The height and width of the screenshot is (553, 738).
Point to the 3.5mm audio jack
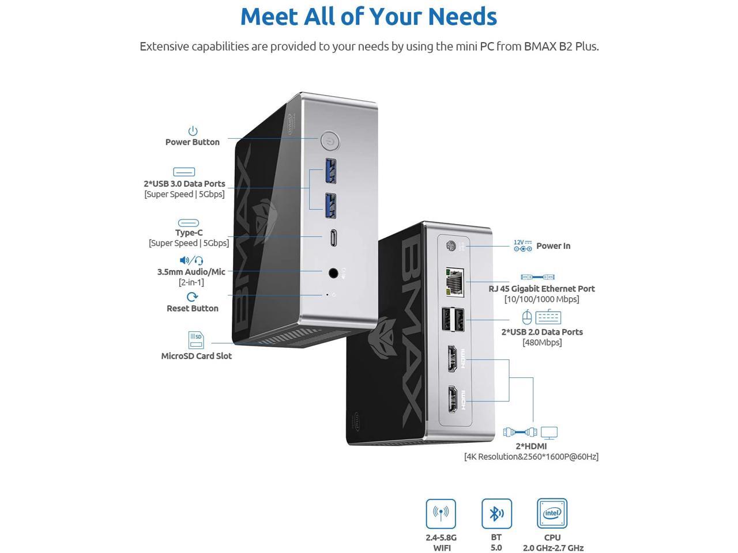(333, 272)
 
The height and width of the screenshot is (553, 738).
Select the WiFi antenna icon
(440, 513)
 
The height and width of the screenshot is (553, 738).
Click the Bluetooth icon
(496, 513)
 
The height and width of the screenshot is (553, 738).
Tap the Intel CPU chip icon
(552, 513)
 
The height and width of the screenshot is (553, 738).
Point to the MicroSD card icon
(196, 340)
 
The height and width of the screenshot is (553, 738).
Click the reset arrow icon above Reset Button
(192, 297)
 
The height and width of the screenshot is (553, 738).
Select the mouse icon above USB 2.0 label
(526, 317)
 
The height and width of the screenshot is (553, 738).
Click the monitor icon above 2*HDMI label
(549, 433)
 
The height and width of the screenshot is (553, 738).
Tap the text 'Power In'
(553, 246)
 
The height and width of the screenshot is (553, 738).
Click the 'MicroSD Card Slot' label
(196, 356)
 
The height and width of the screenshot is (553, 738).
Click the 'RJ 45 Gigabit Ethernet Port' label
(541, 289)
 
